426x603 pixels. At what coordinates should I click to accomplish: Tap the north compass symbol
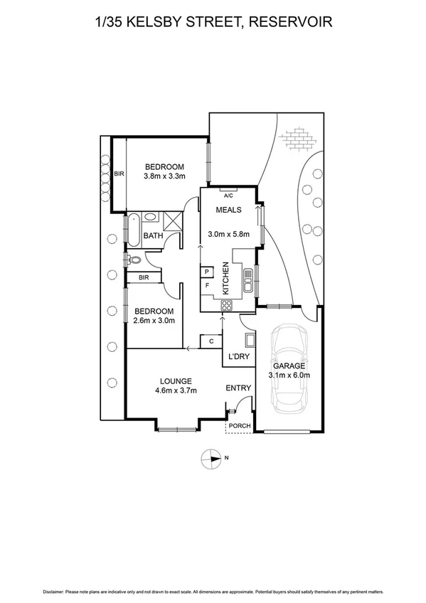(x=212, y=459)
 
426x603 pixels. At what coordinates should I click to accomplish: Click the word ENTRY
(x=238, y=388)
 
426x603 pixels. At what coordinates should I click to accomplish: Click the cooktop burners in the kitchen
(x=228, y=306)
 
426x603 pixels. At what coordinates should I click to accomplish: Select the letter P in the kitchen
(x=207, y=272)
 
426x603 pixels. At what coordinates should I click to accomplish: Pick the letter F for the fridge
(x=207, y=285)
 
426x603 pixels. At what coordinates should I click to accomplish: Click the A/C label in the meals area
(x=228, y=195)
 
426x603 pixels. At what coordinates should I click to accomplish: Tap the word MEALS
(x=230, y=210)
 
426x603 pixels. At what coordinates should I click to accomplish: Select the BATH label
(x=153, y=235)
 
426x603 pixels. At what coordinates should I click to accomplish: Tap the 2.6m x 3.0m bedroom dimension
(x=154, y=321)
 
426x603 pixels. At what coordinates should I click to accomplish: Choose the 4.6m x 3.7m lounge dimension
(x=175, y=390)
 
